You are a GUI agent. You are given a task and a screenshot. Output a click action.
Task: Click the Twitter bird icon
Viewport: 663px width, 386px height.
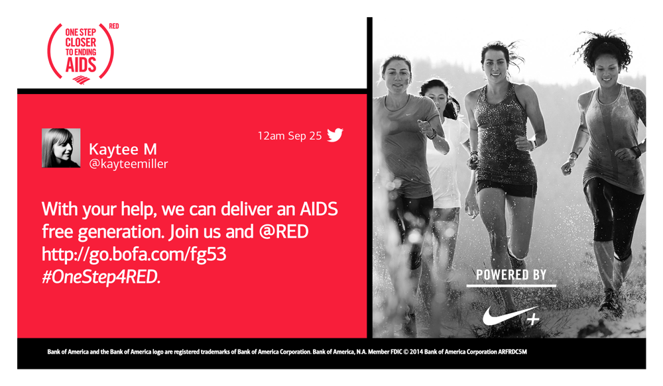pos(335,135)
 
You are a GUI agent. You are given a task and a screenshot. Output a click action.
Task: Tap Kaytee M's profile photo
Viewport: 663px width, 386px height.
pos(61,148)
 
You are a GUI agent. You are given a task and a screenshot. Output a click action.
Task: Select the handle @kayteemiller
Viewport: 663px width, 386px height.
pos(128,164)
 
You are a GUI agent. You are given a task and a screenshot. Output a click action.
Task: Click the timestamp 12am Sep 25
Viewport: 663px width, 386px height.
pos(290,136)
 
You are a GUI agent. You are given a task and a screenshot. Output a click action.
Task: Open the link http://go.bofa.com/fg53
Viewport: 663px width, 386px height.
pos(134,254)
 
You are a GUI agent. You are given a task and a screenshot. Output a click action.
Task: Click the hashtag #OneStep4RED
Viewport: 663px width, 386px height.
pos(101,277)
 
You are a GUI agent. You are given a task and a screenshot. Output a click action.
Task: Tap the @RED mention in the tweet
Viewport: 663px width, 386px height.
pos(284,232)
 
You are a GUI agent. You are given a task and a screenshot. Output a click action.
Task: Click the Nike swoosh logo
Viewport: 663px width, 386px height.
pos(505,315)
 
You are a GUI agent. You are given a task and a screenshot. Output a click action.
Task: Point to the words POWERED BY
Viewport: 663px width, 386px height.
pos(511,275)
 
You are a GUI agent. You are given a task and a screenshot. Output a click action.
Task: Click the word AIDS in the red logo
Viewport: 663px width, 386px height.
pos(81,65)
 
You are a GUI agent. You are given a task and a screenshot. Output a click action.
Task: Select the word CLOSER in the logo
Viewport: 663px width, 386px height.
pos(80,42)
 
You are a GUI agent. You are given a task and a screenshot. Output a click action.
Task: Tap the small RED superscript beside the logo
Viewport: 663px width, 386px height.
pos(114,26)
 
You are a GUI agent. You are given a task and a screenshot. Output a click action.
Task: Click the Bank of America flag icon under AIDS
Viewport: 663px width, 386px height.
pos(81,80)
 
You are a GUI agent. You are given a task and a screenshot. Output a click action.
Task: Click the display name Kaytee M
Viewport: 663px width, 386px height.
pos(123,149)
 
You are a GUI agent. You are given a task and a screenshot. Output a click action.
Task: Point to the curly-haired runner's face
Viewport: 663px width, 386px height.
pos(607,68)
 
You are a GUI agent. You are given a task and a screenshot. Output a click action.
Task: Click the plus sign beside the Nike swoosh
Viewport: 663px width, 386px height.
pos(533,319)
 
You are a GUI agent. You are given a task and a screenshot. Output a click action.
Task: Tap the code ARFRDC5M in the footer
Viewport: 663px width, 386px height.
pos(512,352)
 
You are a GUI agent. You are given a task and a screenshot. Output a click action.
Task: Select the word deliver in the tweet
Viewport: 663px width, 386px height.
pos(247,209)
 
